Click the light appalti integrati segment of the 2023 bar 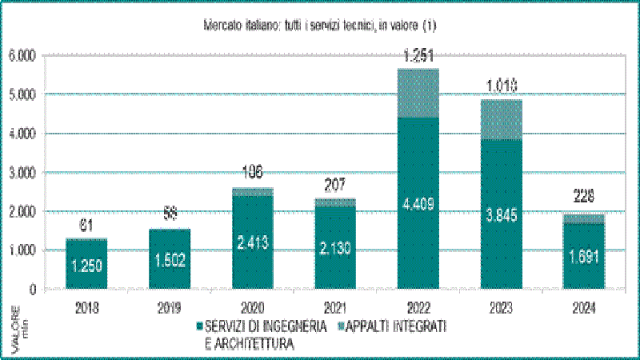[x=501, y=119]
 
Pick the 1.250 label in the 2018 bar [x=86, y=266]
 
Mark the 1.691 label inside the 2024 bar [x=584, y=258]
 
